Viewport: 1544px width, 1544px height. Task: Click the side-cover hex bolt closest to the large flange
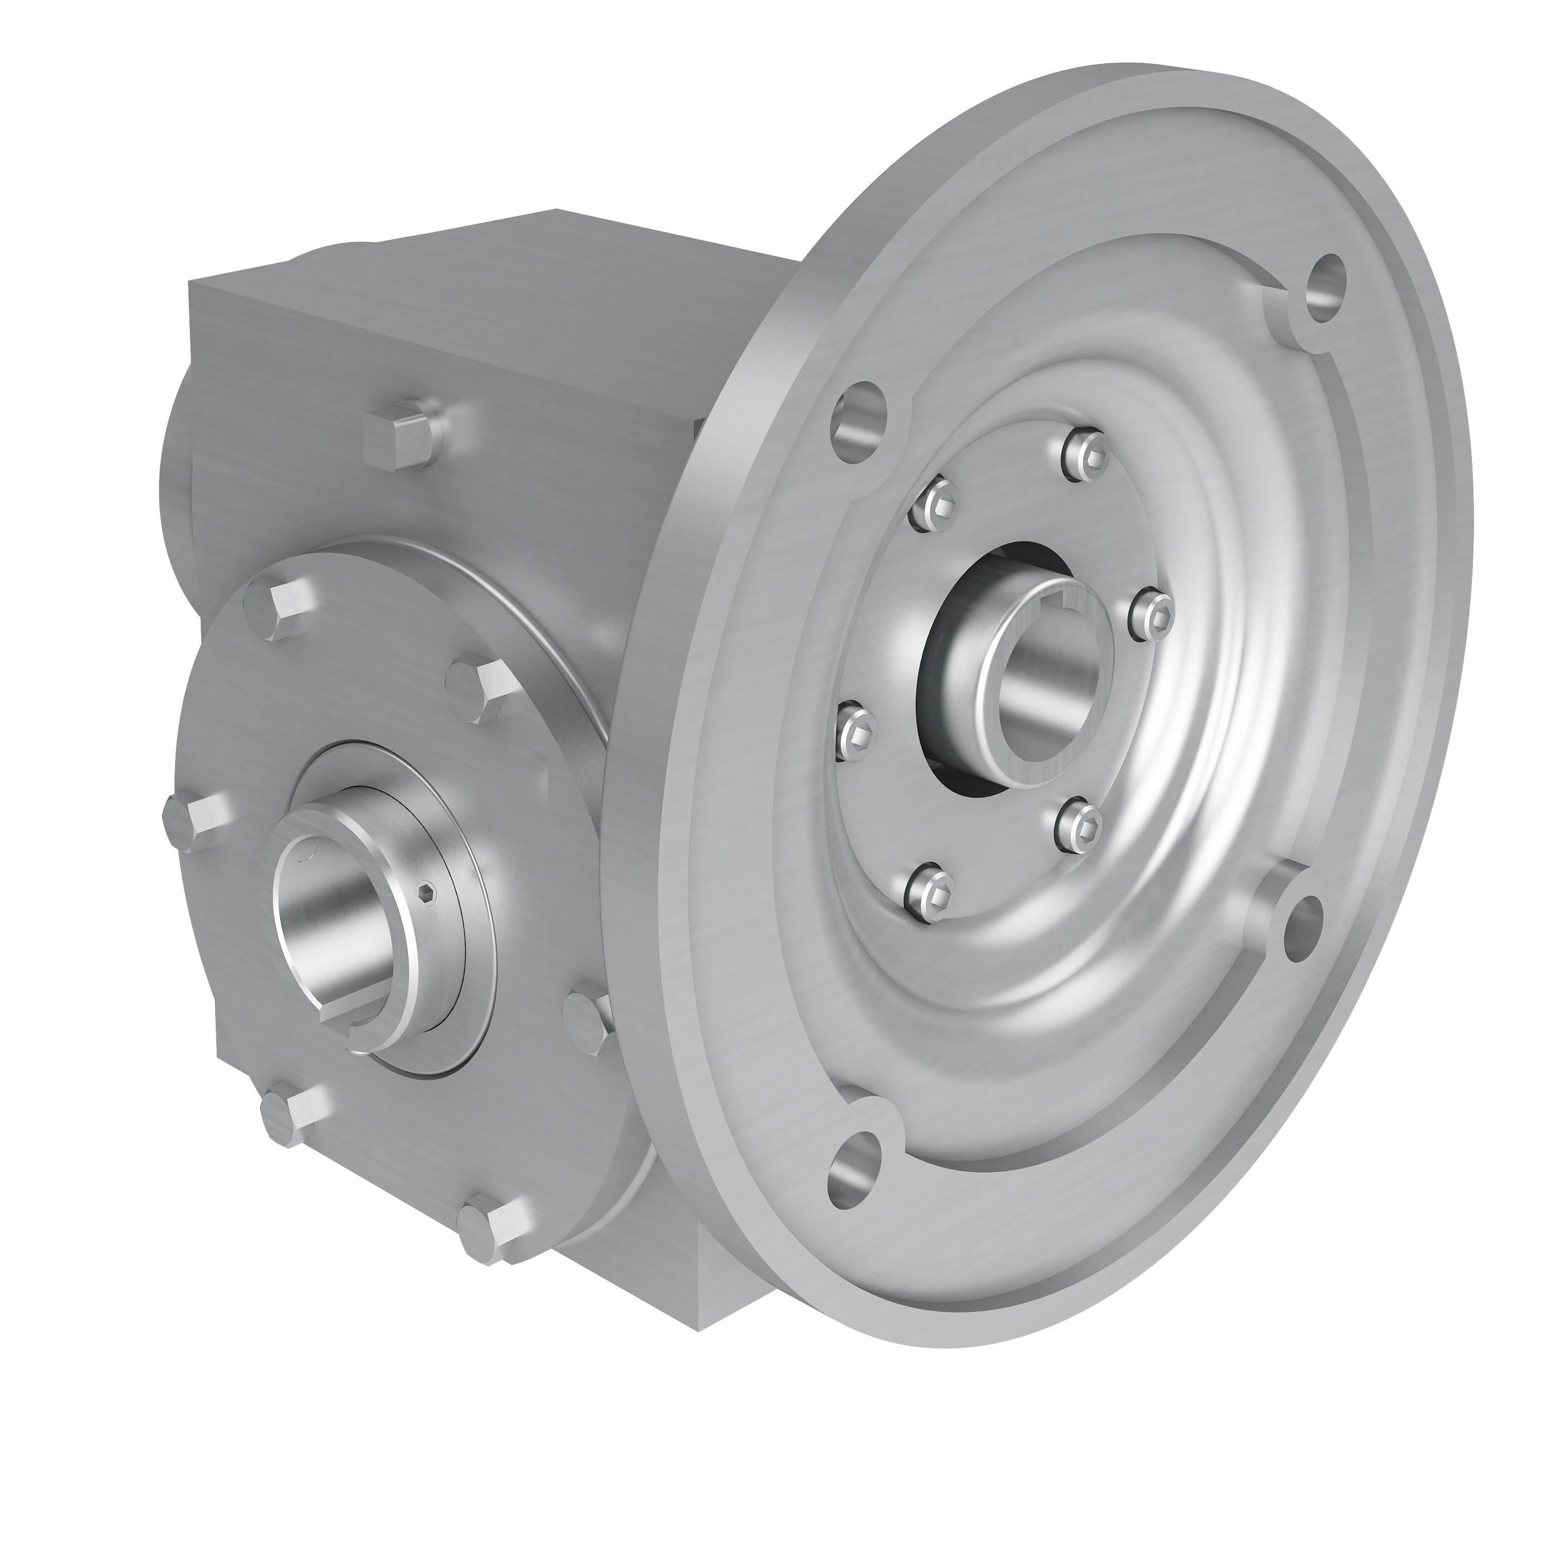point(587,1021)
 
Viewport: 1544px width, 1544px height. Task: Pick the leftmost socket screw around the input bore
point(855,726)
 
